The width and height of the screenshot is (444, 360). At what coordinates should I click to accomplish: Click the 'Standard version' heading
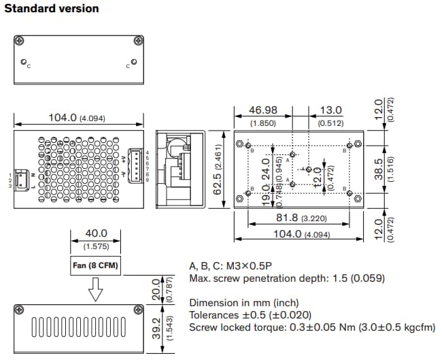[52, 9]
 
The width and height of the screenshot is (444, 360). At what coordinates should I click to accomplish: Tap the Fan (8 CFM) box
[96, 265]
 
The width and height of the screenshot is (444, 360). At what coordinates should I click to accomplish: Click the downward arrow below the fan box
[96, 291]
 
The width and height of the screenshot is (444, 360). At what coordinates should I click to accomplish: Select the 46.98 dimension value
[262, 110]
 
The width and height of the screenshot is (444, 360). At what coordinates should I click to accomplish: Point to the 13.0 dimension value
[331, 110]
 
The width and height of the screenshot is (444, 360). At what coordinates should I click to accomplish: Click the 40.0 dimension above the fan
[96, 233]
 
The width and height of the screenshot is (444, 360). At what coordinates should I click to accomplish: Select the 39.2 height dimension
[158, 329]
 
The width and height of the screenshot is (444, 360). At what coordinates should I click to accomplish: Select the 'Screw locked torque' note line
[311, 327]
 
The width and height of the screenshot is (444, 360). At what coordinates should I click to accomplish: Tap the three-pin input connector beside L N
[22, 180]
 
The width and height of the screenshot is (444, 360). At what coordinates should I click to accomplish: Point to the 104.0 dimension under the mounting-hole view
[299, 233]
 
